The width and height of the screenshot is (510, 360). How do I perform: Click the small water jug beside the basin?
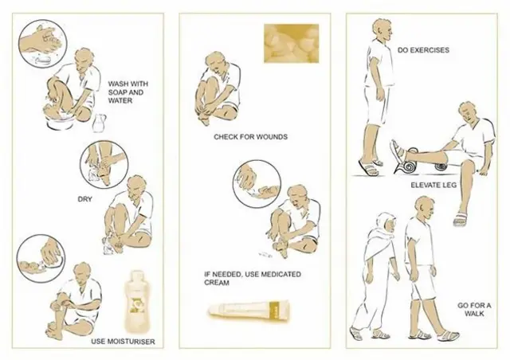pos(99,123)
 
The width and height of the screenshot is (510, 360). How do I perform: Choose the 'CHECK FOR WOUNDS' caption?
pos(250,137)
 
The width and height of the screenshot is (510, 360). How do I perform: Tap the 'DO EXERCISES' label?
pos(422,49)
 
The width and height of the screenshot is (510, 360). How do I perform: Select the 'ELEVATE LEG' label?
pos(432,185)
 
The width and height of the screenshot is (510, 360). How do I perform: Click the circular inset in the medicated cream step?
pos(254,181)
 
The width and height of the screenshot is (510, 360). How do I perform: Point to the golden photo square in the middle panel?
pos(292,42)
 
